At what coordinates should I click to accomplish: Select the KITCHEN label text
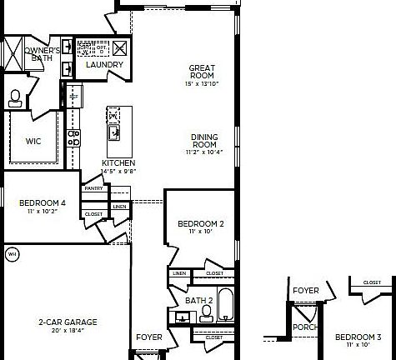[118, 163]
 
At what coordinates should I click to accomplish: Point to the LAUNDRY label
[104, 65]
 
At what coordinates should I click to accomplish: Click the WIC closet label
[33, 141]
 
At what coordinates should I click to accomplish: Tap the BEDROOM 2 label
[200, 224]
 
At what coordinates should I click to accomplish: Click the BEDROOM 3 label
[358, 337]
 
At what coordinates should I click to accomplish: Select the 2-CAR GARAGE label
[68, 322]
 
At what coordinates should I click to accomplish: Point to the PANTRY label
[93, 189]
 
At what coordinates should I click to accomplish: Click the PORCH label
[305, 327]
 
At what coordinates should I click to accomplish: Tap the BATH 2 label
[199, 300]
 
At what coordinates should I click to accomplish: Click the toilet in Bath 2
[206, 313]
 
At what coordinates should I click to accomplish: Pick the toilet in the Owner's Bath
[15, 98]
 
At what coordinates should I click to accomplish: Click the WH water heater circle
[12, 252]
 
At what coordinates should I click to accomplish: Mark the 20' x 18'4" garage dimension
[68, 331]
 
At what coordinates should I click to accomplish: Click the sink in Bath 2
[182, 316]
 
